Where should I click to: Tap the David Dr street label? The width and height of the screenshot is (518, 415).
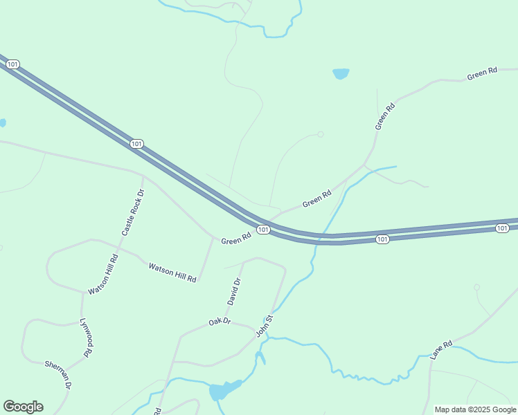click(233, 291)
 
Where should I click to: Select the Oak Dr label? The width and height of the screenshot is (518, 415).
click(219, 322)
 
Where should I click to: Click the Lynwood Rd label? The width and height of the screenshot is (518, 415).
click(85, 338)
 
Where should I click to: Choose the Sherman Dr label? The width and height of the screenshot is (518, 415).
click(58, 373)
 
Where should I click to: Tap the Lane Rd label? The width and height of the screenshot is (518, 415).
click(440, 349)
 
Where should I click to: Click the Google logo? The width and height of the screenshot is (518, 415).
click(23, 406)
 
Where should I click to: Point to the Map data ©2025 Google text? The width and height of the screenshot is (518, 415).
click(475, 409)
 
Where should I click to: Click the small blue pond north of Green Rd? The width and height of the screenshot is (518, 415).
click(341, 73)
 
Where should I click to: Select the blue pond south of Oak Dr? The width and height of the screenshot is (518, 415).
click(222, 391)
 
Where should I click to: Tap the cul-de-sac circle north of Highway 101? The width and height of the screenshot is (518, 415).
click(320, 134)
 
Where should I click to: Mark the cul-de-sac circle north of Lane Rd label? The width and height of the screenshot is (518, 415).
click(476, 287)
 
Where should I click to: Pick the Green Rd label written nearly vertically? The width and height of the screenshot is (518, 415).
click(384, 116)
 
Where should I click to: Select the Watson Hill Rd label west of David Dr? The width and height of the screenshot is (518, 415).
click(172, 271)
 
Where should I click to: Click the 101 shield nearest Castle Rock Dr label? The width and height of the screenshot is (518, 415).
click(136, 143)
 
